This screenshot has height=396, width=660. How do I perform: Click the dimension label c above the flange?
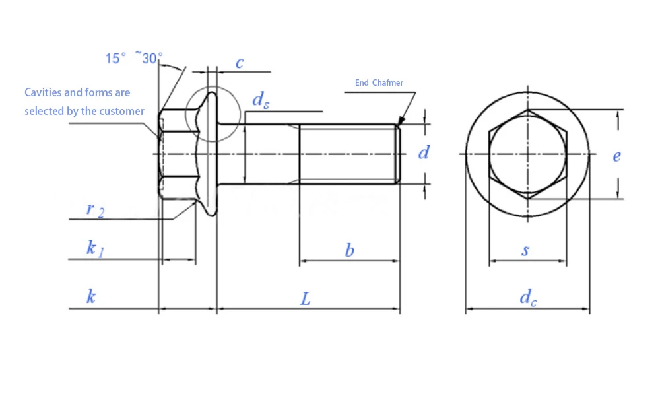240,63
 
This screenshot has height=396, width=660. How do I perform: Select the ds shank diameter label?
261,100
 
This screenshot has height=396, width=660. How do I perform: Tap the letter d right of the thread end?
424,152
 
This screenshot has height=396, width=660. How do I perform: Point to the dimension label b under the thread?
349,250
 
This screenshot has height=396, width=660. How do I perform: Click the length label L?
305,299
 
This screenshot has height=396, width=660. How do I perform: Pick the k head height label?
91,296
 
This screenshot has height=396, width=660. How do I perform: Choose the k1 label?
95,249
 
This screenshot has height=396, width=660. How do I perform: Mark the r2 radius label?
95,210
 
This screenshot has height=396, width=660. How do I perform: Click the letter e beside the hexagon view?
616,156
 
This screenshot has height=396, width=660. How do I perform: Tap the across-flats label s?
525,250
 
